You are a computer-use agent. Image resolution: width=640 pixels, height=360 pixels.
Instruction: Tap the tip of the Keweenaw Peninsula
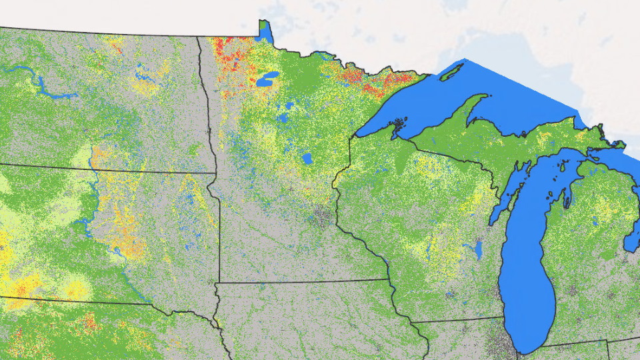(486, 95)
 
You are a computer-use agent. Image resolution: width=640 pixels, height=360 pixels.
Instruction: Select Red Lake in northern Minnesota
(267, 80)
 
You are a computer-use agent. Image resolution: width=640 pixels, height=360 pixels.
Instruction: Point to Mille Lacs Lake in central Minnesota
(307, 159)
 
